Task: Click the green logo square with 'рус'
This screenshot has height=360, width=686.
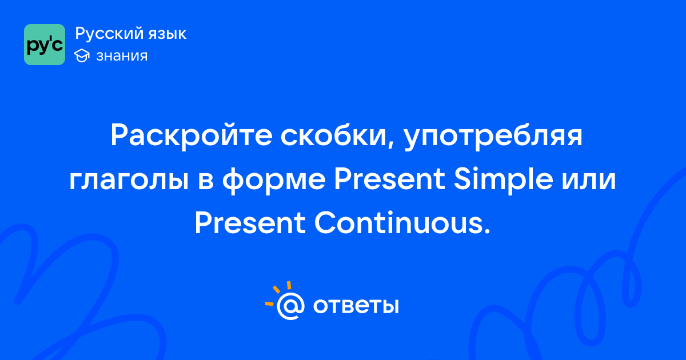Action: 45,45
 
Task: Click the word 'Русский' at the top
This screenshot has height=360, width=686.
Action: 109,34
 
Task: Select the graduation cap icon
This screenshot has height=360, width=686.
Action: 82,55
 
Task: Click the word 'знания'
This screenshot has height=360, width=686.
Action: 122,56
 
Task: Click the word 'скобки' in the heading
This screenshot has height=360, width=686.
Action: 333,135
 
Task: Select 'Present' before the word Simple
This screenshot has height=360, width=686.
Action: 389,179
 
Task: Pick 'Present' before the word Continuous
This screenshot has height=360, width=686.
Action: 250,223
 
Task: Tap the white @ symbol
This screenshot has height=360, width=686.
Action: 290,306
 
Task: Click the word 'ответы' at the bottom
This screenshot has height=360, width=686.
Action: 356,306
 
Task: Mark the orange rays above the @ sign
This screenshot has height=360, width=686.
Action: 277,293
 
